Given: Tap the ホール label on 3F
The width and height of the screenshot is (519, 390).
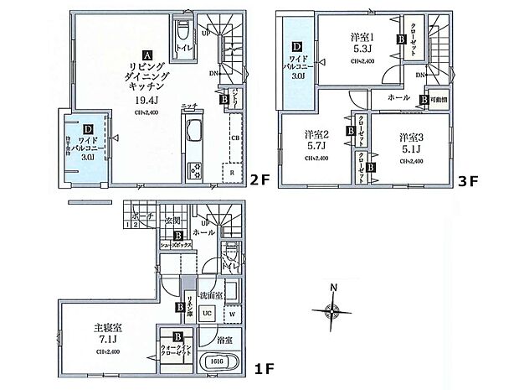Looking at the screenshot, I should (399, 98).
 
